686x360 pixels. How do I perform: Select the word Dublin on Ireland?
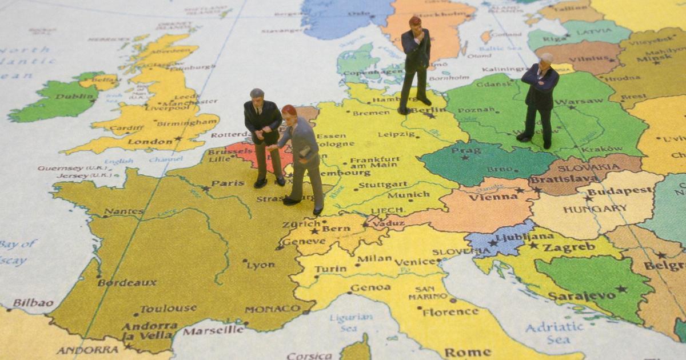59,97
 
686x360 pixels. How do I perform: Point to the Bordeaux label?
127,282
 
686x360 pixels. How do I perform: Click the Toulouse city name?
169,309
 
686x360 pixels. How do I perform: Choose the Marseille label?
214,330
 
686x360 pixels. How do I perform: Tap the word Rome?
468,352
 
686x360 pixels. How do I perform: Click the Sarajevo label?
582,295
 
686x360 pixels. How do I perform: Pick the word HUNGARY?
595,209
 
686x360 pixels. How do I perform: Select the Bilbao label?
33,303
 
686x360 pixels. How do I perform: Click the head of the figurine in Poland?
546,58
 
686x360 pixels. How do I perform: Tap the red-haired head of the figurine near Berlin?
415,22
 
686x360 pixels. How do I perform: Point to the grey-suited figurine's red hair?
289,110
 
